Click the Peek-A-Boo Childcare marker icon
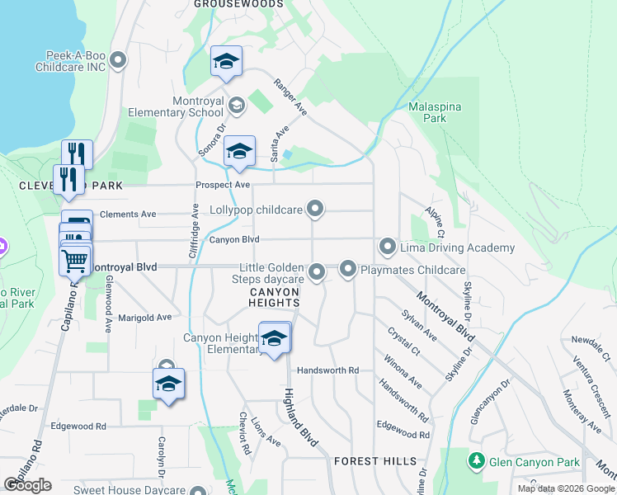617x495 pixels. point(118,59)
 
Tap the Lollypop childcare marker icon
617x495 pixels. point(314,210)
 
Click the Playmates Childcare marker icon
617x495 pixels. point(347,269)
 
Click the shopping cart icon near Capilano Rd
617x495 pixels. point(75,261)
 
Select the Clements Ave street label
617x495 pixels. point(127,214)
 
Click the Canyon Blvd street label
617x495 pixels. point(234,240)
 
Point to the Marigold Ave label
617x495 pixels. point(144,317)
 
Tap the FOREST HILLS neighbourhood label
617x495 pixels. point(375,461)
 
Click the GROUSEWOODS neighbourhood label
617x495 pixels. point(237,4)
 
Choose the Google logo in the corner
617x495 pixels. point(27,484)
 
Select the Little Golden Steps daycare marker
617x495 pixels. point(317,271)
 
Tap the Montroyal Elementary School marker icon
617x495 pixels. point(237,105)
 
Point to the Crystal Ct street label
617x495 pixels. point(403,342)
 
